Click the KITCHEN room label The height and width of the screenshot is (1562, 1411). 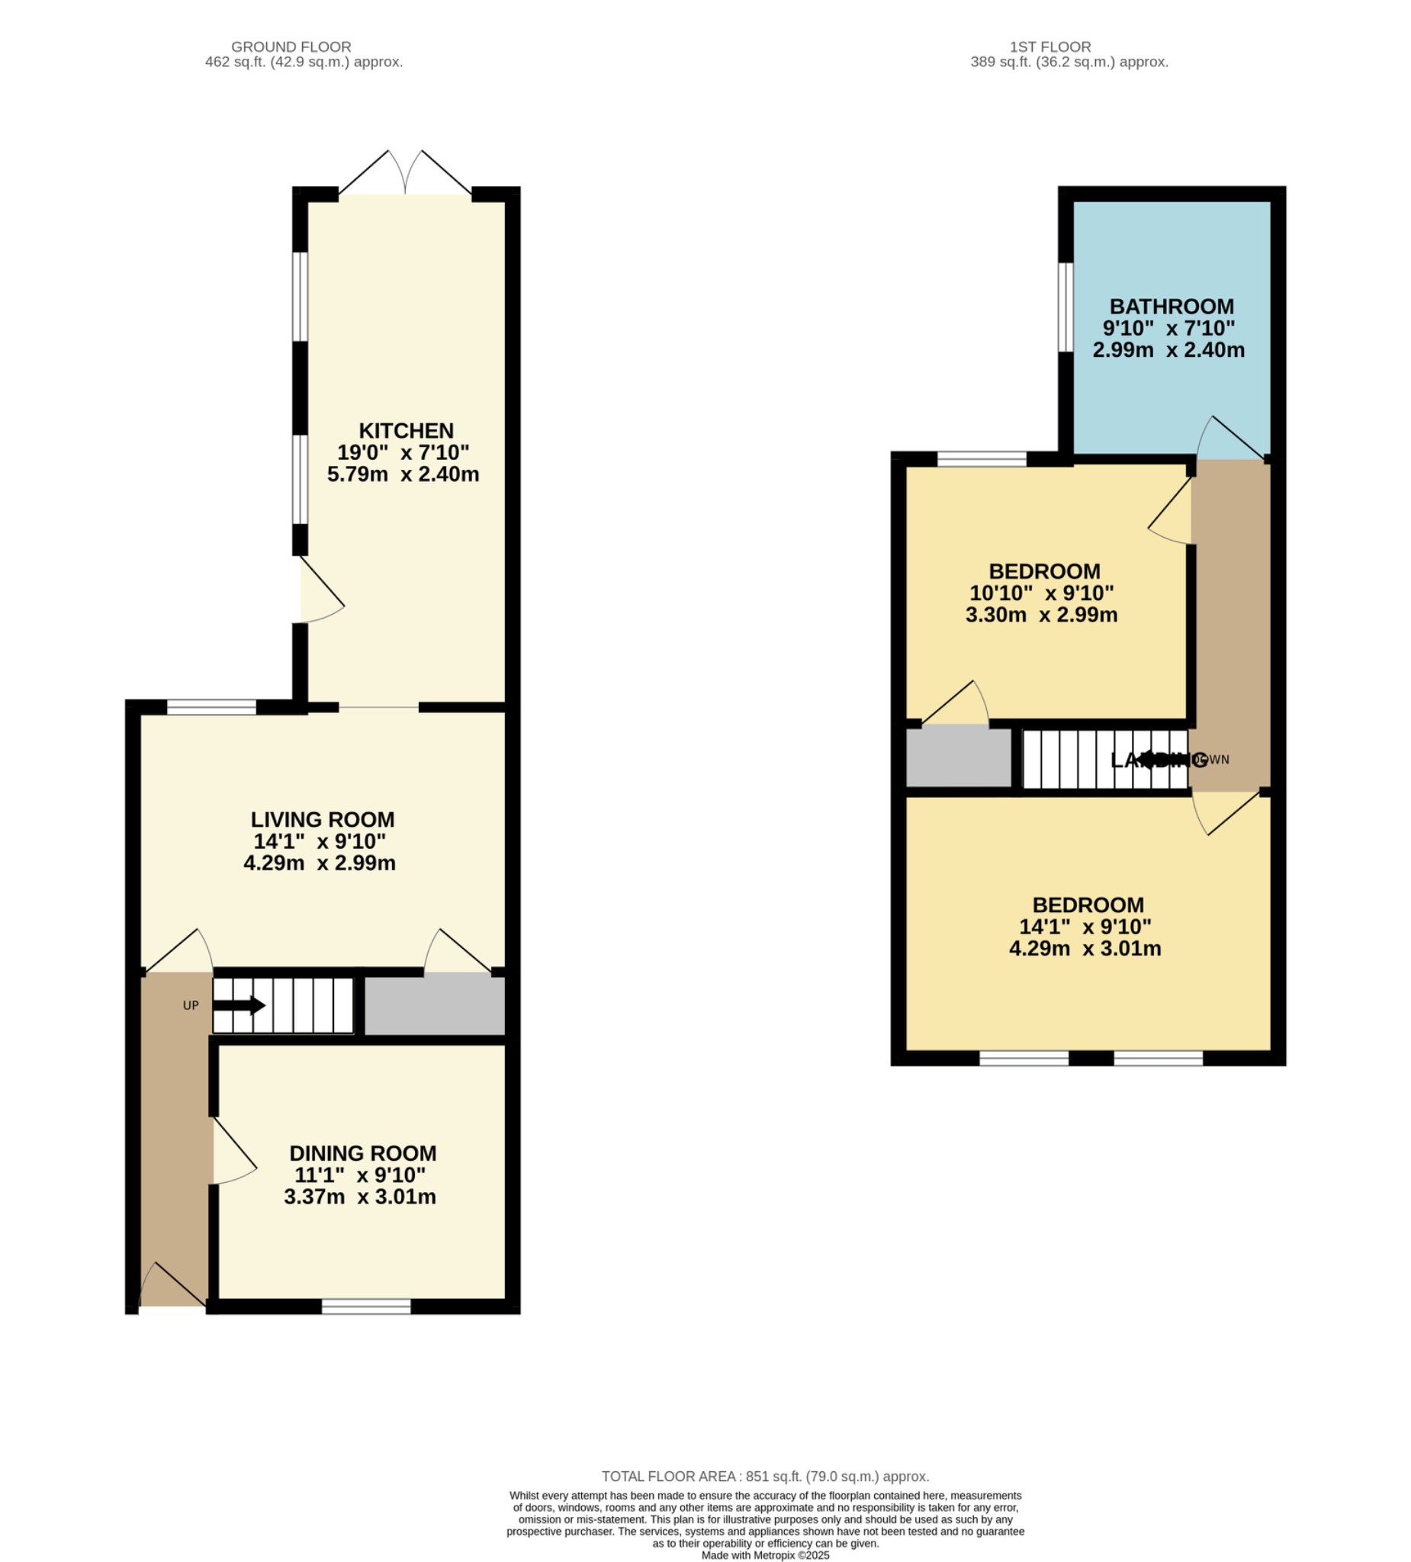point(405,431)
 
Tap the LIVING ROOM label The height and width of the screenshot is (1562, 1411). point(323,820)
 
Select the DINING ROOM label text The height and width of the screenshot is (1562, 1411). point(362,1153)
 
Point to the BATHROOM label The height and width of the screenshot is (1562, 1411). point(1171,307)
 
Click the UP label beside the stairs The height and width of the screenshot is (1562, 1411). point(191,1006)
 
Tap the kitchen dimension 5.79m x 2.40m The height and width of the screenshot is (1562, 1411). point(403,474)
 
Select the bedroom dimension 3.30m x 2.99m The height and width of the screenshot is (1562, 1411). point(1040,615)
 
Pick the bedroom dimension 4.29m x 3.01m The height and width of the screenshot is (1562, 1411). point(1084,948)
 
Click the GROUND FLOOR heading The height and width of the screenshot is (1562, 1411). point(291,47)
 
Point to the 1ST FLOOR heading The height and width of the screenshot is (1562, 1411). point(1049,47)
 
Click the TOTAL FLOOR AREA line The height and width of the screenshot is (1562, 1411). point(765,1477)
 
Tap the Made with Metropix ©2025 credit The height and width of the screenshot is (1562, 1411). point(765,1555)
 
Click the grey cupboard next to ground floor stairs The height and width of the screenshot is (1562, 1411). point(434,1006)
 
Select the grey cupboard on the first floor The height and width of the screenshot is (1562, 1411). point(958,758)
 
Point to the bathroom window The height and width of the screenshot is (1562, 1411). point(1066,307)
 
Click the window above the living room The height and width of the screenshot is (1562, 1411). point(211,706)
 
